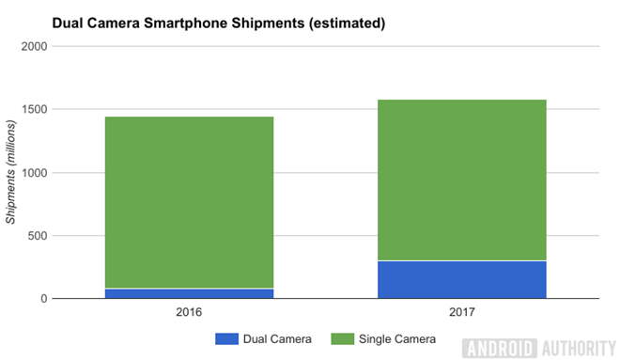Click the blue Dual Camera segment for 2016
[189, 293]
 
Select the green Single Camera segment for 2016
[189, 202]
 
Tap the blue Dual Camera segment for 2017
[461, 280]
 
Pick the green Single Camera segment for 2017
[461, 180]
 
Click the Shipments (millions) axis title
[12, 173]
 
